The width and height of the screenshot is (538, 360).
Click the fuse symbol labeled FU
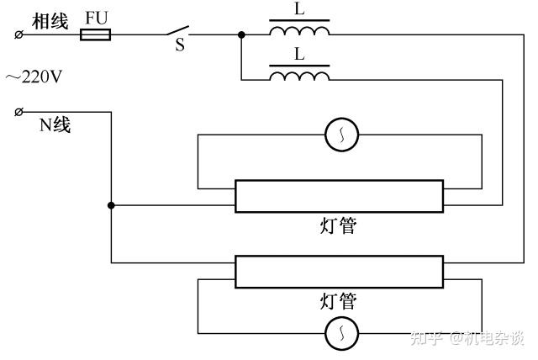coord(95,34)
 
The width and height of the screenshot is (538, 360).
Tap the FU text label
coord(97,17)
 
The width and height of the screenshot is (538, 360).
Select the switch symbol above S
coord(178,31)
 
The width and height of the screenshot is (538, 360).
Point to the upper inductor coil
coord(299,31)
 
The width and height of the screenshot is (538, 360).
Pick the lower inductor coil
coord(299,77)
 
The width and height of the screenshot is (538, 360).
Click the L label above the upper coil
coord(299,9)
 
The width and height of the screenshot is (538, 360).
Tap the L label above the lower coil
coord(299,56)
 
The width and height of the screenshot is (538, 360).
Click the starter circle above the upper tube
coord(342,134)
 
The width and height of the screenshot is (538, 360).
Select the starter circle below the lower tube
coord(342,334)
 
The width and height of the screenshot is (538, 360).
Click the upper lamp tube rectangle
coord(338,196)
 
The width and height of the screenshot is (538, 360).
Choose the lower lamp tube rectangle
coord(338,272)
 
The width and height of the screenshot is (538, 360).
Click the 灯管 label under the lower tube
coord(338,301)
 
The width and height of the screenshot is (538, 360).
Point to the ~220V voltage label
coord(34,77)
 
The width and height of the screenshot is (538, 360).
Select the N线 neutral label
coord(55,126)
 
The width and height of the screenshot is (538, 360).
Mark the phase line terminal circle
coord(18,34)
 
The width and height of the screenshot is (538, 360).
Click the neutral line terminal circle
coord(18,111)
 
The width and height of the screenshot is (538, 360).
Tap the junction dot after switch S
coord(241,34)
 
